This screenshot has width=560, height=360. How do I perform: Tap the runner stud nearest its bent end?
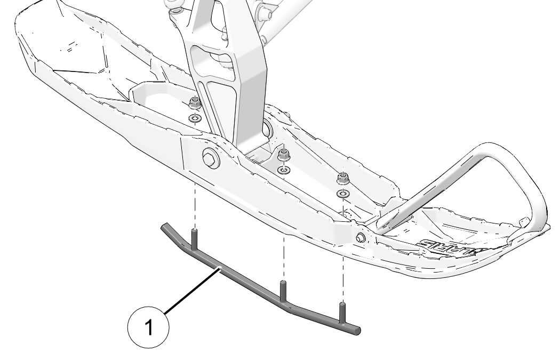click(x=195, y=237)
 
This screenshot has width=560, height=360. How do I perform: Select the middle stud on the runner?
click(x=283, y=289)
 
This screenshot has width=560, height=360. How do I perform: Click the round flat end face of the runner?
click(x=358, y=331)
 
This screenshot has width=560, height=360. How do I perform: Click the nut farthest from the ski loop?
click(x=195, y=103)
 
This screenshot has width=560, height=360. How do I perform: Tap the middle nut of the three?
click(x=284, y=154)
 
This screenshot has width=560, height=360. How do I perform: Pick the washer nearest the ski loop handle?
click(x=344, y=193)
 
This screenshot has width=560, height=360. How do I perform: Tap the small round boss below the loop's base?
click(x=361, y=237)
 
